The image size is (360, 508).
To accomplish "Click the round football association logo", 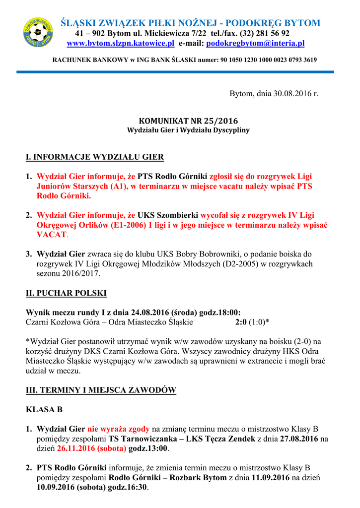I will pyautogui.click(x=38, y=32).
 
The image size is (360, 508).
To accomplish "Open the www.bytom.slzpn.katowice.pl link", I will pyautogui.click(x=120, y=44).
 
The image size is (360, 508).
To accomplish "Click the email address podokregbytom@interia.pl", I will pyautogui.click(x=255, y=44).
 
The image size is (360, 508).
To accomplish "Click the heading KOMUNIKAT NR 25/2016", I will pyautogui.click(x=188, y=121).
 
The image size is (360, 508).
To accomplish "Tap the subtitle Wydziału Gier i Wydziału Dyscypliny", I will pyautogui.click(x=188, y=130).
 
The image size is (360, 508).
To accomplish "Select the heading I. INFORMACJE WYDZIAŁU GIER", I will pyautogui.click(x=94, y=158).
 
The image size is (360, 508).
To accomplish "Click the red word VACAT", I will pyautogui.click(x=51, y=234).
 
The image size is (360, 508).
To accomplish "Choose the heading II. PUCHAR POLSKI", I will pyautogui.click(x=66, y=293).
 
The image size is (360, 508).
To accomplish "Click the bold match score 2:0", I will pyautogui.click(x=241, y=322).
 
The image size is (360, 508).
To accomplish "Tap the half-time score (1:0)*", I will pyautogui.click(x=259, y=322).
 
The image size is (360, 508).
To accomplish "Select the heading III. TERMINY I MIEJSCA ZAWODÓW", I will pyautogui.click(x=101, y=390).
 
